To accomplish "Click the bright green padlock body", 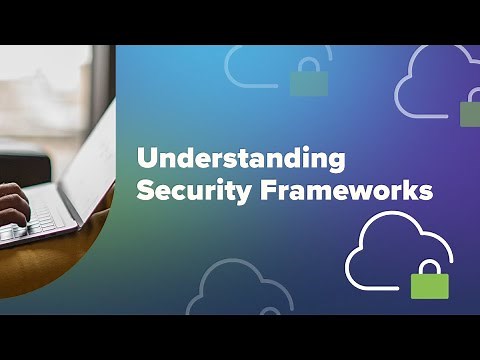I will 430,284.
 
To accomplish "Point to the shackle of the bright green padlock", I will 430,266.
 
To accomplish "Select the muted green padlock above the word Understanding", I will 309,82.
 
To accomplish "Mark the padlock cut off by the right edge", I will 470,112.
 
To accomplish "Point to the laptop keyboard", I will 35,226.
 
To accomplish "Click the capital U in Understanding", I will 145,159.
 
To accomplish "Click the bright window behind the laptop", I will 45,100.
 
